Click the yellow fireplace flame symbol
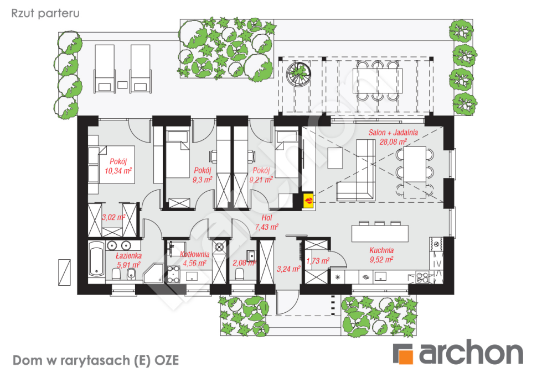[309, 200]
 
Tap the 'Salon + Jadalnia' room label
[393, 133]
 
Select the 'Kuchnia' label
[381, 250]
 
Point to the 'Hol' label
[267, 218]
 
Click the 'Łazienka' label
[128, 256]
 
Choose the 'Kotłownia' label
[194, 254]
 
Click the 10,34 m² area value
[118, 170]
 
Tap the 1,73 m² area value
[318, 261]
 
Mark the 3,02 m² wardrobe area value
[113, 217]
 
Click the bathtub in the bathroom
[97, 259]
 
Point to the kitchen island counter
[380, 233]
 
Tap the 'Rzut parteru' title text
[45, 13]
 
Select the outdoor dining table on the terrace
[378, 81]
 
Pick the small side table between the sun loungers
[122, 85]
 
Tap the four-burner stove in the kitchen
[422, 276]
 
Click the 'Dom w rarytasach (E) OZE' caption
[96, 360]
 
